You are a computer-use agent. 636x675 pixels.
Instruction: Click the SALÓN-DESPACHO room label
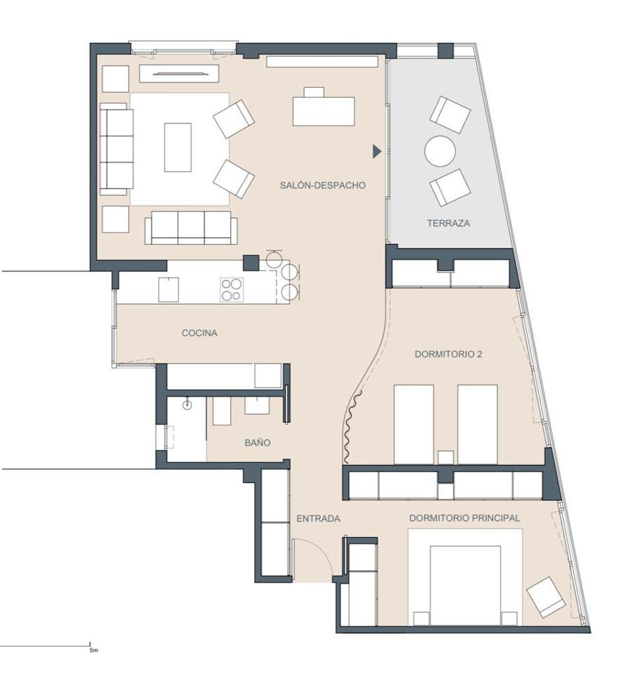coord(322,185)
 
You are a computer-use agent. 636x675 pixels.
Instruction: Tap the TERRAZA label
coord(448,223)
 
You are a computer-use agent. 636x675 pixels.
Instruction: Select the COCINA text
coord(199,333)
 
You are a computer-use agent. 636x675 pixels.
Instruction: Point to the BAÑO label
coord(257,442)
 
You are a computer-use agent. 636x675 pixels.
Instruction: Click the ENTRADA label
coord(318,519)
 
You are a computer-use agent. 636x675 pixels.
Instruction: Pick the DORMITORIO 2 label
coord(448,354)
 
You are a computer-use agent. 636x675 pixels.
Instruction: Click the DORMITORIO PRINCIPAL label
coord(464,518)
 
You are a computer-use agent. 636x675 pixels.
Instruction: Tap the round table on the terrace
coord(440,151)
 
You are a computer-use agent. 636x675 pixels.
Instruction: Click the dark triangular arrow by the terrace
coord(377,151)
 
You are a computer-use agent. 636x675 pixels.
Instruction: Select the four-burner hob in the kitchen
coord(231,289)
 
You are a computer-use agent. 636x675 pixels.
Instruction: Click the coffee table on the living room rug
coord(178,147)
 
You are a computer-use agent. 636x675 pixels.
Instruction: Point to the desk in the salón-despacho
coord(324,111)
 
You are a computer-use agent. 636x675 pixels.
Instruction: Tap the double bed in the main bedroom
coord(465,584)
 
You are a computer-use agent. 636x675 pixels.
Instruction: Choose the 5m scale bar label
coord(94,650)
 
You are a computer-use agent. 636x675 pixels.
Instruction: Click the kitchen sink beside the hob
coord(168,290)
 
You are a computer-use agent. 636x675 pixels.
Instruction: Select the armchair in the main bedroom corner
coord(546,597)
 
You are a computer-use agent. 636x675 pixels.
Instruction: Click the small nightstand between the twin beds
coord(445,457)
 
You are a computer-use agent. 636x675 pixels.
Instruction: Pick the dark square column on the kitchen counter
coord(251,263)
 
